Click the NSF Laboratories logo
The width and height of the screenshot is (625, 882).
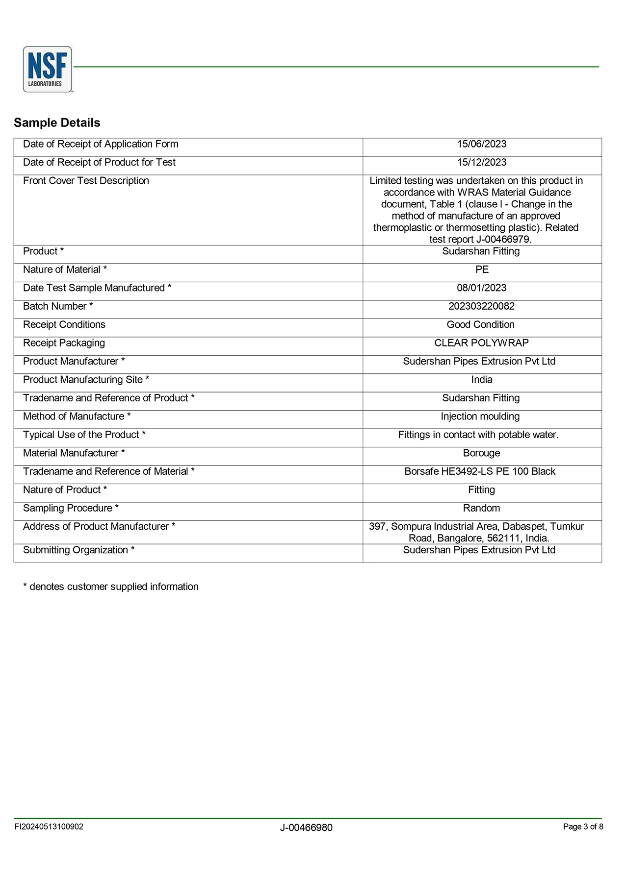tap(47, 69)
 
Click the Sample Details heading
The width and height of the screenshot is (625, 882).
tap(57, 122)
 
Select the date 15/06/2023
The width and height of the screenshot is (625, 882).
tap(481, 144)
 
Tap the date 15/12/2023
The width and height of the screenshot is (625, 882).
tap(481, 162)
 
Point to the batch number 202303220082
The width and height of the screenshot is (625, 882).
tap(481, 306)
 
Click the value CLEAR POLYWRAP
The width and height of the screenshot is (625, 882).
tap(481, 343)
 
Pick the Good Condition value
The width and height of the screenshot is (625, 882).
tap(480, 324)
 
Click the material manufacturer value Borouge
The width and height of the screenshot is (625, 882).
tap(481, 453)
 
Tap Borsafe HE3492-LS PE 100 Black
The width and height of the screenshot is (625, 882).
tap(480, 471)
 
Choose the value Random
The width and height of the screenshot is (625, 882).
tap(481, 508)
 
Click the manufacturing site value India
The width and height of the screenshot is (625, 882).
tap(481, 380)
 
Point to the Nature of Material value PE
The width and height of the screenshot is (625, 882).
tap(482, 269)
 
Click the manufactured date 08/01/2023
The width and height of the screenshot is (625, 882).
tap(481, 288)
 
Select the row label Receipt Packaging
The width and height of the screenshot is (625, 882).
tap(64, 343)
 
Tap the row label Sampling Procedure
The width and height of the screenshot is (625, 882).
tap(71, 508)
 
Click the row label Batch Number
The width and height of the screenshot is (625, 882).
tap(58, 306)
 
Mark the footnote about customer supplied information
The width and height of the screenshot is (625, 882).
tap(111, 587)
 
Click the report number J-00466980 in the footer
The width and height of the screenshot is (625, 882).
tap(306, 828)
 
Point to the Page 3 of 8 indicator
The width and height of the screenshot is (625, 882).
tap(583, 827)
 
